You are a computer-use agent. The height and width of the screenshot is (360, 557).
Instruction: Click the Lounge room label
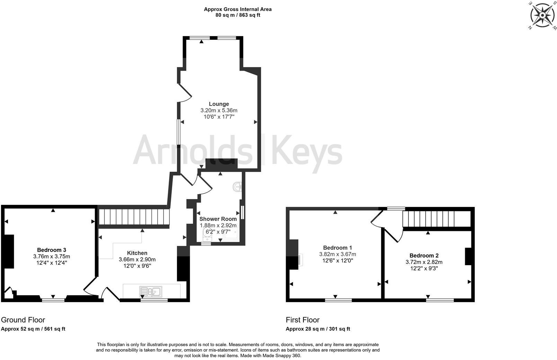(219, 104)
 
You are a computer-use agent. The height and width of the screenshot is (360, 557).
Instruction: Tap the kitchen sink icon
(150, 292)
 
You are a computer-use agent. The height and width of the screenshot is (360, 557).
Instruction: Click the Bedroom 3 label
(52, 250)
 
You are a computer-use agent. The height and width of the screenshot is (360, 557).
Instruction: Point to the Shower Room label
(218, 219)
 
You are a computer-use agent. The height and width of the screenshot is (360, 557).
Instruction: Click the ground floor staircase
(133, 217)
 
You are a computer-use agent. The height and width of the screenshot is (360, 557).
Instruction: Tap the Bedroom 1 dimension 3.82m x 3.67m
(337, 254)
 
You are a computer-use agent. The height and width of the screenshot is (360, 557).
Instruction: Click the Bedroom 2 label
(424, 255)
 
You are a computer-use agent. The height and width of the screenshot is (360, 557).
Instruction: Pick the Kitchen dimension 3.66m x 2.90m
(137, 259)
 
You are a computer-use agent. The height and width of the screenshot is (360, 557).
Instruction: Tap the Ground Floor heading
(23, 320)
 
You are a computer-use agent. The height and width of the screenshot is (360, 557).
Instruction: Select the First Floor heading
(302, 320)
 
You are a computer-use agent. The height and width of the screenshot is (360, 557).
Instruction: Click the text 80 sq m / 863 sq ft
(238, 15)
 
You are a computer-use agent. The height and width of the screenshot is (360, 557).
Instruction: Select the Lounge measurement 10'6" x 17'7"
(219, 117)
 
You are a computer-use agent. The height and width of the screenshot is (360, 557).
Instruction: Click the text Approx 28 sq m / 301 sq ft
(318, 329)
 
